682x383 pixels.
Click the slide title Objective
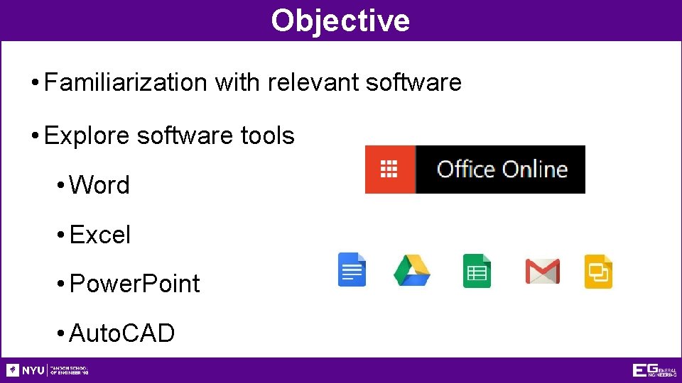point(340,20)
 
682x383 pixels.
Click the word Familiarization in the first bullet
point(125,82)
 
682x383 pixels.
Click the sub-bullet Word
point(99,185)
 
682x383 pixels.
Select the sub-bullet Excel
point(100,235)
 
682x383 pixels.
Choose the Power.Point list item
point(135,284)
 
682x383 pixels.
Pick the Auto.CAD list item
point(122,333)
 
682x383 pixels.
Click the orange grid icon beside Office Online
point(389,170)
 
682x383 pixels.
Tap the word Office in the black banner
point(465,170)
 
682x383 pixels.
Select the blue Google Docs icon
point(352,270)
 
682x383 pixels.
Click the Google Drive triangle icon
point(412,270)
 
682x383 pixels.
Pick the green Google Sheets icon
point(477,271)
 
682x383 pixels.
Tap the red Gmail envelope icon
point(542,271)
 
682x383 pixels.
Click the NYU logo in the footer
point(26,370)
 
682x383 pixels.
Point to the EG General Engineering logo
point(654,370)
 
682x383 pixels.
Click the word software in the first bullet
point(413,82)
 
